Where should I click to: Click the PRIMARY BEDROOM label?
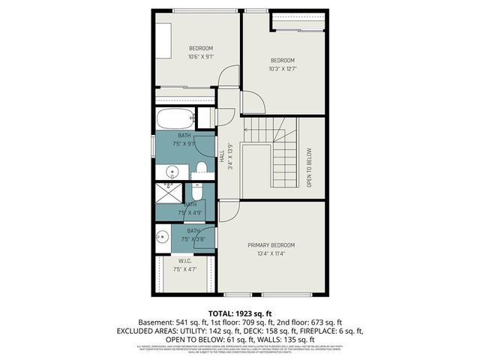[x=271, y=245]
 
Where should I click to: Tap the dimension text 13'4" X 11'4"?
[x=271, y=253]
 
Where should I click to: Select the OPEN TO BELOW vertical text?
[x=309, y=167]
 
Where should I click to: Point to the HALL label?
[x=222, y=156]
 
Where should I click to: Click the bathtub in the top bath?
[x=174, y=119]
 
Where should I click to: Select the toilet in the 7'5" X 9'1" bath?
[x=201, y=166]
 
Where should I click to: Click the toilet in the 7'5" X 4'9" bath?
[x=197, y=191]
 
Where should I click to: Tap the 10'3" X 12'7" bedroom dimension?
[x=283, y=68]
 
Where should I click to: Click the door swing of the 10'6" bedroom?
[x=229, y=77]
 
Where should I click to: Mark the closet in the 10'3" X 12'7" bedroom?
[x=299, y=19]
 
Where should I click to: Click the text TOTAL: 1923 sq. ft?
[x=239, y=312]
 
